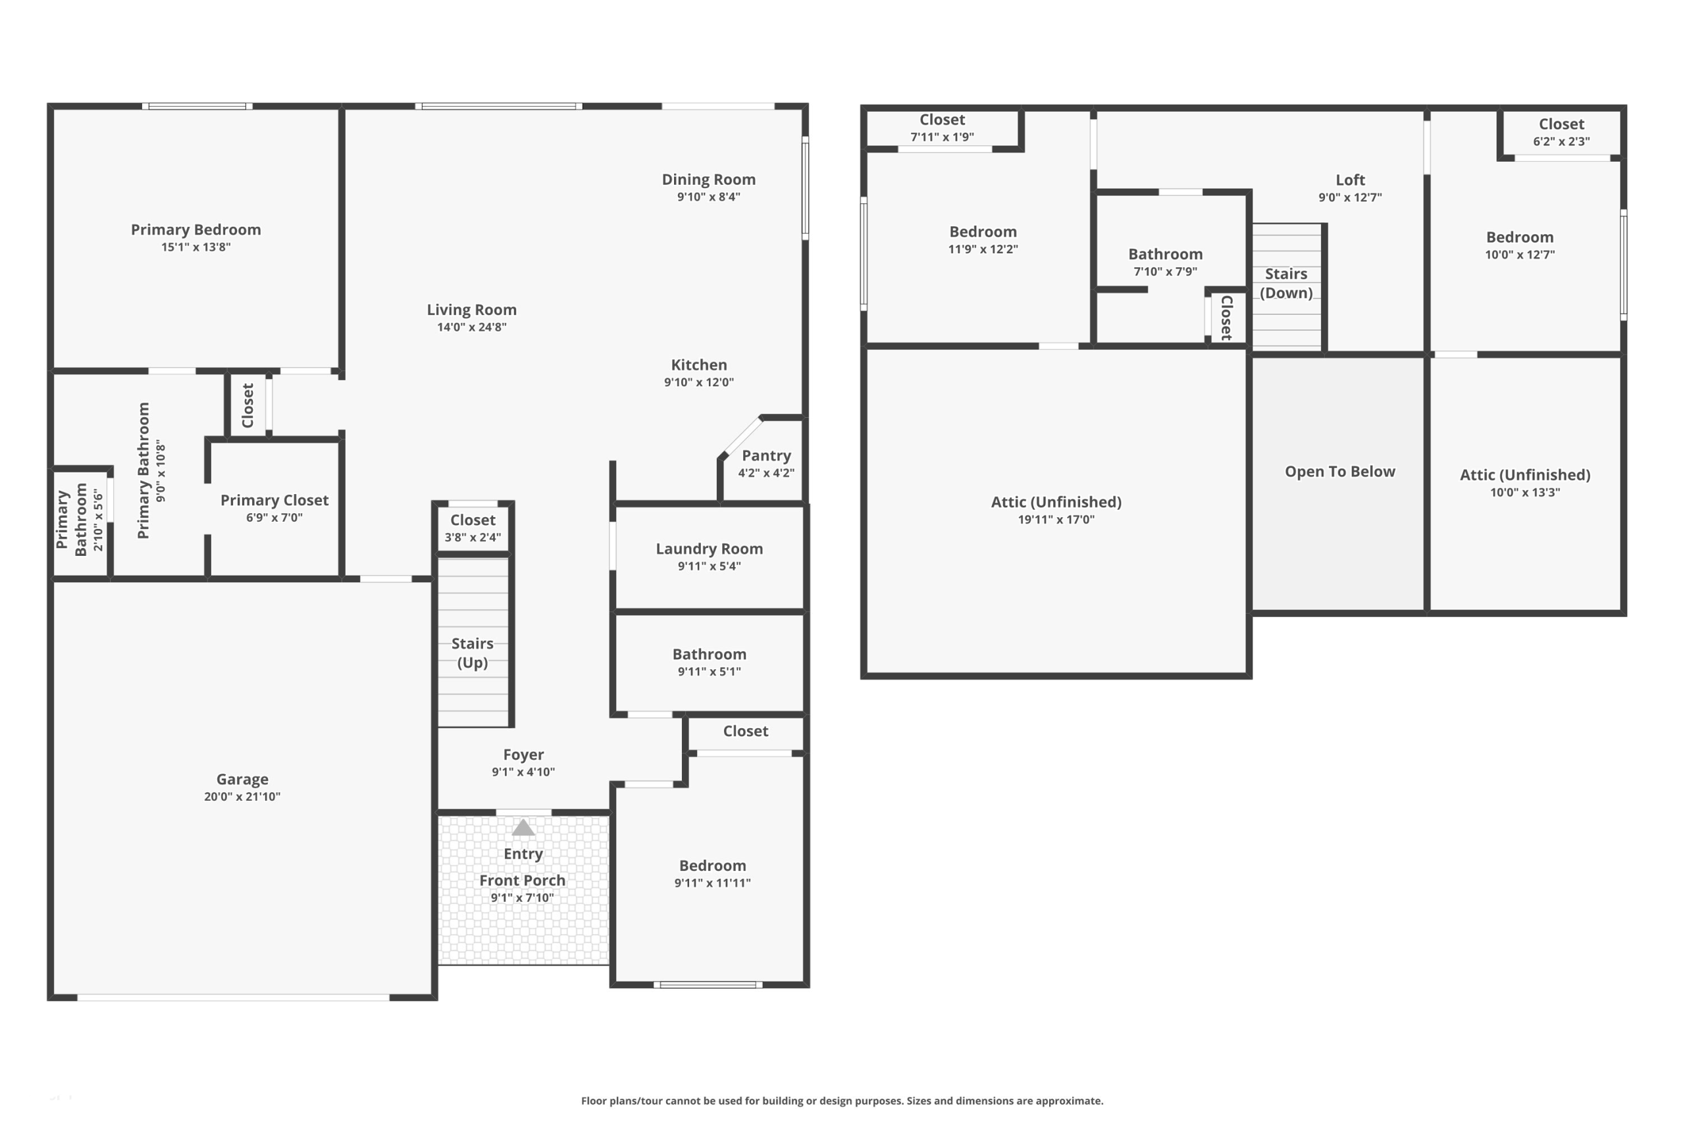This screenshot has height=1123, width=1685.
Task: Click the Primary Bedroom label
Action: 195,230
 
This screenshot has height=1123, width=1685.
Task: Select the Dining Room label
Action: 708,180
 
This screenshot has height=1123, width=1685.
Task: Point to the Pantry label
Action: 767,455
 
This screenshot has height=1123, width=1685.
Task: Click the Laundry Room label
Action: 710,549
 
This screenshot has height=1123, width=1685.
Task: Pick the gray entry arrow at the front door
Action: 523,827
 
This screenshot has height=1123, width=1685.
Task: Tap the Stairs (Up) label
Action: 473,653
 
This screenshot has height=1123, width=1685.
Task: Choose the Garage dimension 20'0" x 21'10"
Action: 242,797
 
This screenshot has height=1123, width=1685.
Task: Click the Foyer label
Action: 524,754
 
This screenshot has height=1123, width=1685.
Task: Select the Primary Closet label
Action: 274,500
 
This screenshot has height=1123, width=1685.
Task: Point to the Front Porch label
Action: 522,880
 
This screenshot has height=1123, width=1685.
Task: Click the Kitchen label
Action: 699,364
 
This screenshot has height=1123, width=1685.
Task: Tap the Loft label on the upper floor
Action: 1351,180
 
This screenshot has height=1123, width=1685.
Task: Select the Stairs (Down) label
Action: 1287,283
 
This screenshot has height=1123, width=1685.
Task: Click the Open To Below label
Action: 1340,471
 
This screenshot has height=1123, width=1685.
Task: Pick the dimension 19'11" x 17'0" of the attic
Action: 1056,519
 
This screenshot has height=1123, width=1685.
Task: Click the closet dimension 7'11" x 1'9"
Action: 943,137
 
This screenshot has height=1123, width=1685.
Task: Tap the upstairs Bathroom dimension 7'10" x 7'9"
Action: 1166,272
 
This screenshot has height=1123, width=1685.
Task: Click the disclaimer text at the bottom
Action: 842,1101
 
